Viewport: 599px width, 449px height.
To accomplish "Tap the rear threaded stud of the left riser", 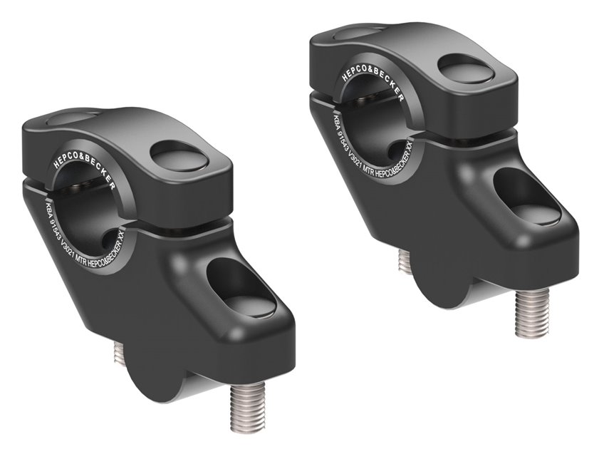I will [x=120, y=353].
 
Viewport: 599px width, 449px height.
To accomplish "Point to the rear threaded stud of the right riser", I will [x=405, y=260].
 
